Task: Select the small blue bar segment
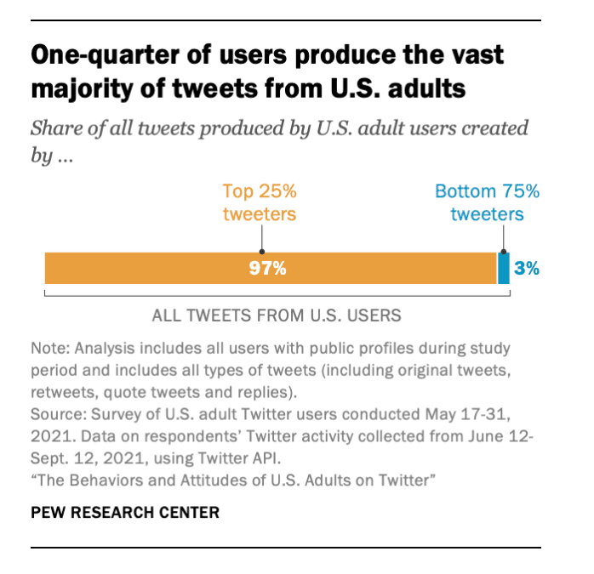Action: pos(503,268)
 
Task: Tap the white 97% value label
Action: pos(267,269)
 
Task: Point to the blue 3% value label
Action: pos(527,269)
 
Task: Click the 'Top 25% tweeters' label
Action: pos(260,202)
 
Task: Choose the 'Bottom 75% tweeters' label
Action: pos(488,202)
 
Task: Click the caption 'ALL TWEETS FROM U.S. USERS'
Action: pos(276,315)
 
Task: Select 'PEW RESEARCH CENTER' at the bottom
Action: pos(124,512)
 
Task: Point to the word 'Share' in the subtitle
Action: pos(57,129)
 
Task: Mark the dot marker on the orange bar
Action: pos(261,252)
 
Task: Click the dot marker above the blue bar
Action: pos(503,252)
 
